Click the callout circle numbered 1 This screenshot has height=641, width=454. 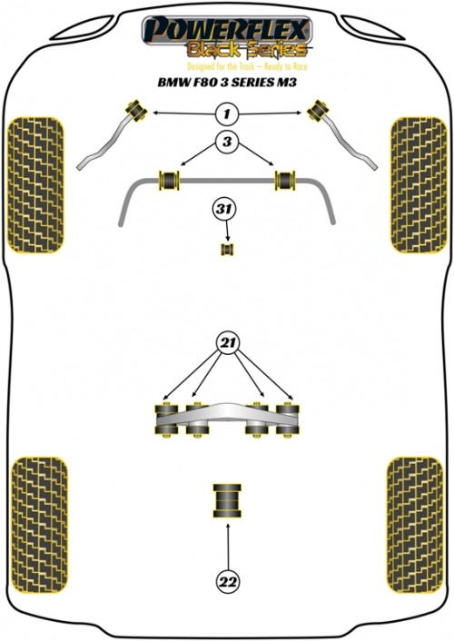(227, 113)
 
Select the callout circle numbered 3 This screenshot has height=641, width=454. (227, 142)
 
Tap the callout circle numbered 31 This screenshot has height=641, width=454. (223, 210)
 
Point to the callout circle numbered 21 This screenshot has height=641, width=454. (228, 342)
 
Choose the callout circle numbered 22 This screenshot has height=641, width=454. (228, 581)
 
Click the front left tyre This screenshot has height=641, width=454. (35, 185)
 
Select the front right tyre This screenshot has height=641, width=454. (419, 185)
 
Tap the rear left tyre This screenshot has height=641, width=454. (39, 526)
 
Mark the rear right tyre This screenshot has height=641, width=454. (415, 526)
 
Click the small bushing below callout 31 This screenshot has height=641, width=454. (227, 250)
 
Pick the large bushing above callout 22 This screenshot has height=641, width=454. (227, 501)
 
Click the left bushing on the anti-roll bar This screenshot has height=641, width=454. (169, 181)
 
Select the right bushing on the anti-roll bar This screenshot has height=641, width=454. (285, 181)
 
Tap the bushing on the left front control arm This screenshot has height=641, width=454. (136, 110)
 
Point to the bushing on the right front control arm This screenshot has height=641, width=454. (318, 110)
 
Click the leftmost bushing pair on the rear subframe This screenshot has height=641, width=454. (166, 419)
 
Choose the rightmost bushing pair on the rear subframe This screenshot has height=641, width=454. (288, 419)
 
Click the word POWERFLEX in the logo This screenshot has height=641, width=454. (227, 30)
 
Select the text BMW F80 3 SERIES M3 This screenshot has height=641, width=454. (227, 83)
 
